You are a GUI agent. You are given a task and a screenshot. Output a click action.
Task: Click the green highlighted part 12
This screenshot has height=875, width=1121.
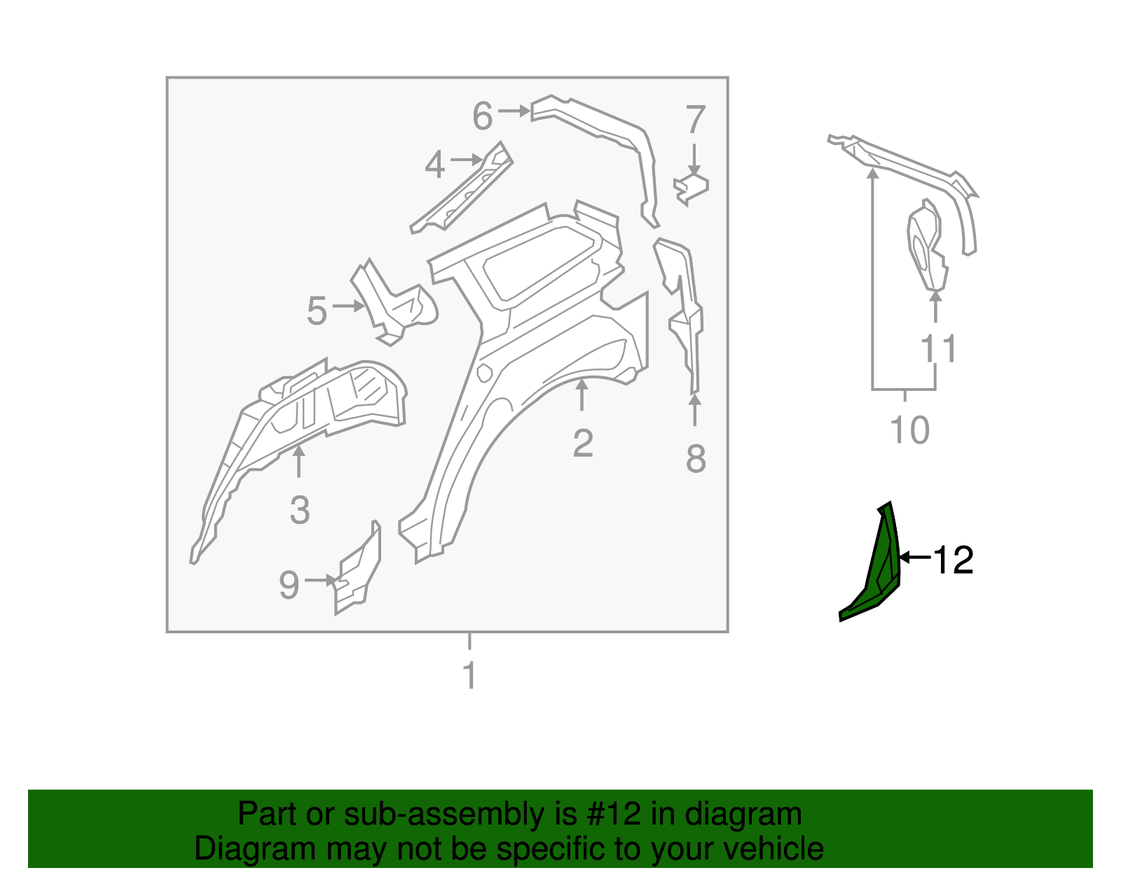(x=879, y=574)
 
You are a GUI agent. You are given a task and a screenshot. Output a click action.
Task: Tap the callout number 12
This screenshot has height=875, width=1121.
(x=954, y=560)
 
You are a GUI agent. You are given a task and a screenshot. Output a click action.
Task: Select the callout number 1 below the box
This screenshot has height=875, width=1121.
(x=469, y=675)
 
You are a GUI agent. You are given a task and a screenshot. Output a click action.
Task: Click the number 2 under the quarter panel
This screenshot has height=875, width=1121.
(x=583, y=443)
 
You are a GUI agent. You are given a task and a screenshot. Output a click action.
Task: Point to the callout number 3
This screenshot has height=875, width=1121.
(x=299, y=510)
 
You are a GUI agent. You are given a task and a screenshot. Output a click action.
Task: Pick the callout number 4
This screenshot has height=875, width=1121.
(x=435, y=165)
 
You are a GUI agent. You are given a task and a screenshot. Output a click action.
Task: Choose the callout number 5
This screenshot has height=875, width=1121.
(x=317, y=310)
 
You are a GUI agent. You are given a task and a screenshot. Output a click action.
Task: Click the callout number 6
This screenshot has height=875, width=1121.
(x=483, y=116)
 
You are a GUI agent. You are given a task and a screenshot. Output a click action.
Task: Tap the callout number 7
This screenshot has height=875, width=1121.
(x=694, y=120)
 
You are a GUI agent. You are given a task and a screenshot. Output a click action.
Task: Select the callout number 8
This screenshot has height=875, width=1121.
(x=695, y=460)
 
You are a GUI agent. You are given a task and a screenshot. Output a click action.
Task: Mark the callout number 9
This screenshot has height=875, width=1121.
(x=289, y=584)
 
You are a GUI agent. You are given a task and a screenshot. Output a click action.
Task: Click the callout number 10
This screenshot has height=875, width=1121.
(x=909, y=430)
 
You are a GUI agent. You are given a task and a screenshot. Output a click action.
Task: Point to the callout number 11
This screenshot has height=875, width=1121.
(x=938, y=348)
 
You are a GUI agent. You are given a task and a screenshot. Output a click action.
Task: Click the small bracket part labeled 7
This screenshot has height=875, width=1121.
(x=692, y=187)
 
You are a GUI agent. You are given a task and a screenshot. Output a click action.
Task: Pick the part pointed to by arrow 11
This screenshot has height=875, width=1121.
(x=927, y=245)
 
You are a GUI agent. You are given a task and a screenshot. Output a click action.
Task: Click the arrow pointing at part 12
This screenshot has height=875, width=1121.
(x=914, y=558)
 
